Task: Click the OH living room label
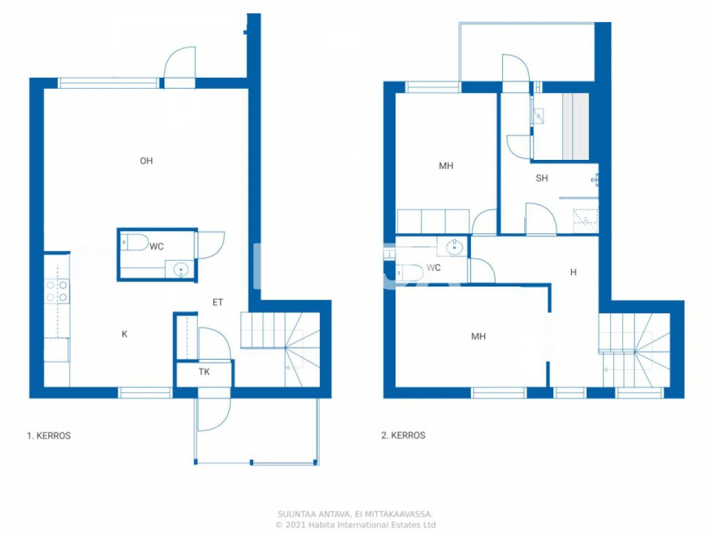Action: (146, 161)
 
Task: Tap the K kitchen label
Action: (124, 334)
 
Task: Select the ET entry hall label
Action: (218, 303)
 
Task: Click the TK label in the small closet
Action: (204, 372)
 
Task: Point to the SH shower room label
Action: (542, 178)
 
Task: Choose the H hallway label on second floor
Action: (573, 272)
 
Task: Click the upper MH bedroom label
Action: (445, 166)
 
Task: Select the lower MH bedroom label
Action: (478, 336)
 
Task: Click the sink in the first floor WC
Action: (181, 270)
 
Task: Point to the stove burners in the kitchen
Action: (57, 291)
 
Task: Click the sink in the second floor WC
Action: (454, 247)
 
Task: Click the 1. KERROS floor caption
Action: (49, 436)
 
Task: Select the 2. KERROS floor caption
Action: (403, 435)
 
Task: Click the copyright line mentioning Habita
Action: (355, 525)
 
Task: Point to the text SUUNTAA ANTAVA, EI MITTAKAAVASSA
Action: (355, 515)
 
